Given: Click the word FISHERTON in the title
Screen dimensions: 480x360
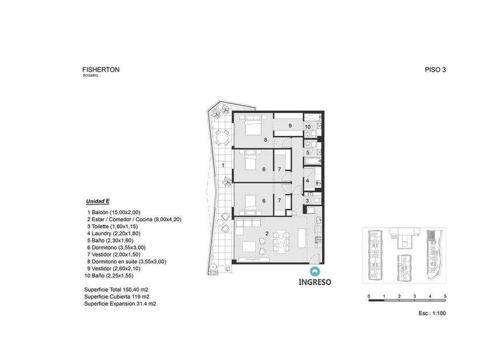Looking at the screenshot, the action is tap(101, 70).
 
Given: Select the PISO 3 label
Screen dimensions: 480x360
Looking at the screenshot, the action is tap(435, 70).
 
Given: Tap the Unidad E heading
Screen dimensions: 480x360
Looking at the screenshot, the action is tap(98, 201).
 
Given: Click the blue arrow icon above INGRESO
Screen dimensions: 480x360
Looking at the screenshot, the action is tap(315, 271).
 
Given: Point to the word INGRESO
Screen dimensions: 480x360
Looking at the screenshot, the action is tap(315, 282).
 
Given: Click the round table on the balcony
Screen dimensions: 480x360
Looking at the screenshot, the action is tap(222, 138).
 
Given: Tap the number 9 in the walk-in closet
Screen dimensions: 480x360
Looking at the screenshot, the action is tap(290, 126).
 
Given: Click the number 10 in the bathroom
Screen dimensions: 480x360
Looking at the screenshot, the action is tap(307, 127).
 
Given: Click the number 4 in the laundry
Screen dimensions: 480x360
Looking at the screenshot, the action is tap(307, 181).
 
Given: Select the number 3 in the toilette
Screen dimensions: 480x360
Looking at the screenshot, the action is tap(307, 201).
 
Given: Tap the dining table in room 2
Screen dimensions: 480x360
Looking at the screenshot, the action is tap(281, 241).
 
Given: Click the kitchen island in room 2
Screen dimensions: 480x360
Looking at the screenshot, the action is tap(302, 238).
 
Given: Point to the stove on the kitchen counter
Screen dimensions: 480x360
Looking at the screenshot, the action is tap(318, 239).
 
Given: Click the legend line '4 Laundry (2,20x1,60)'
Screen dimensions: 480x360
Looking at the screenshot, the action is tap(114, 234).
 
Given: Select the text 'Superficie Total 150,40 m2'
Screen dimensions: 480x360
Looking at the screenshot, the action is tap(117, 290).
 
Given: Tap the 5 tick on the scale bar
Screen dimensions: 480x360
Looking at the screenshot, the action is tap(445, 297).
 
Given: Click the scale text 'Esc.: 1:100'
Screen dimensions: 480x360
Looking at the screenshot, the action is tap(432, 314).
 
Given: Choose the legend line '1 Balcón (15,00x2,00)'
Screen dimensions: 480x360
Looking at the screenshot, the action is tap(114, 213).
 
